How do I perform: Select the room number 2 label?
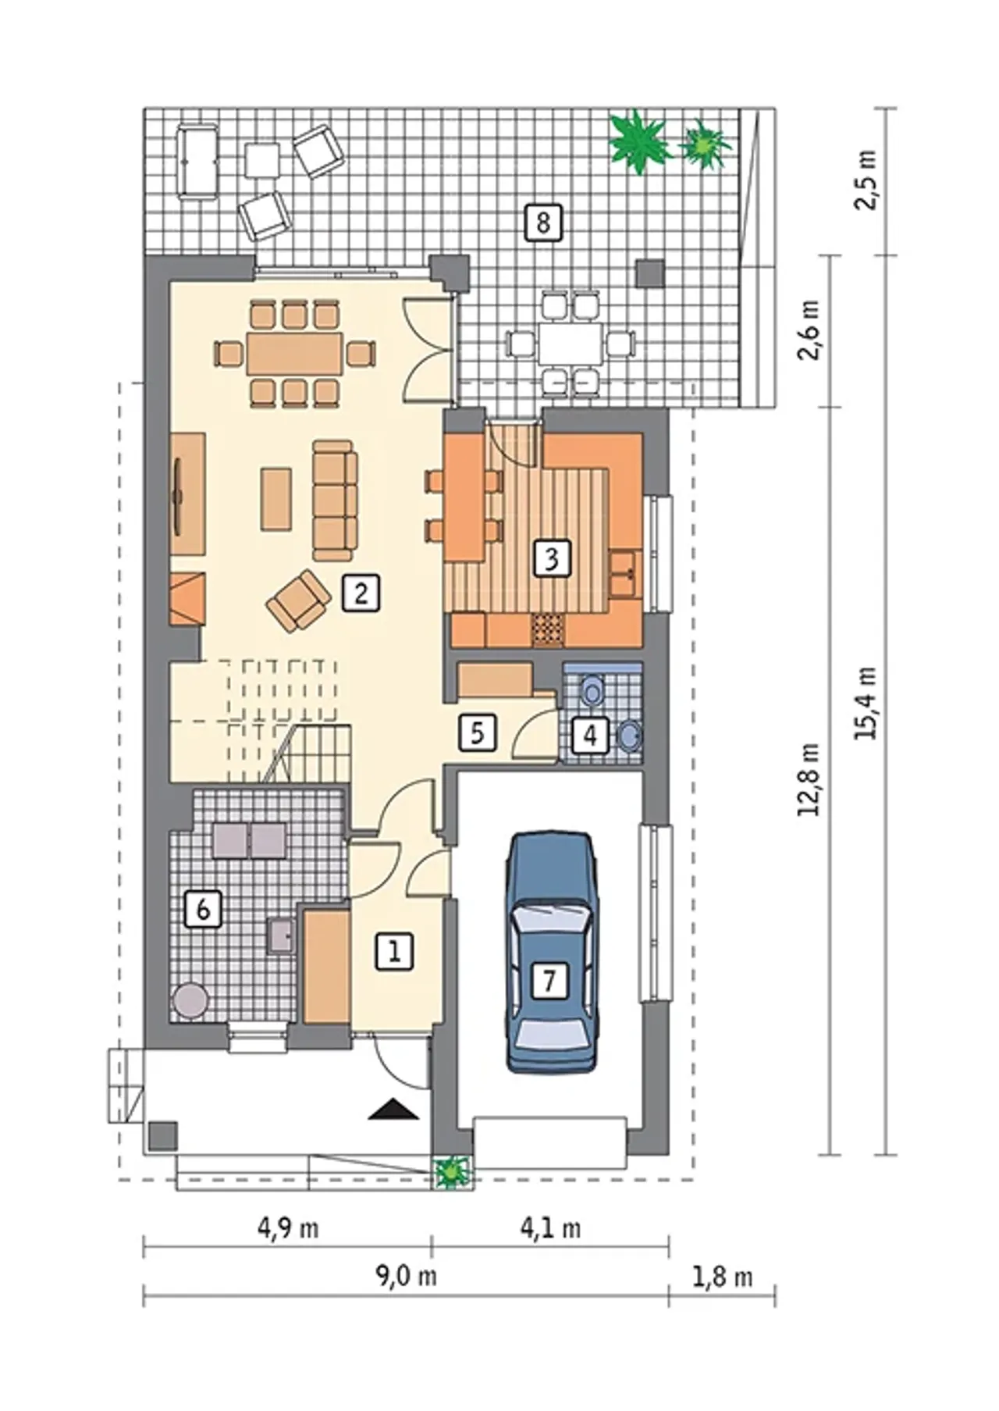361,593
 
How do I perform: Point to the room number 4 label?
590,736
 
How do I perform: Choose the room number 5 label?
478,732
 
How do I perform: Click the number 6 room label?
203,909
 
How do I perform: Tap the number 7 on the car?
549,979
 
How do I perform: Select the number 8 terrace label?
543,223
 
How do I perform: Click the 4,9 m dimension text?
288,1228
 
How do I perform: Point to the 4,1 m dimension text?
550,1228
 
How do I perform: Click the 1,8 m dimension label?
722,1277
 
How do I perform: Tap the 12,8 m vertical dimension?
809,779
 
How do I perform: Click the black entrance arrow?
393,1110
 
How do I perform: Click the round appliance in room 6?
190,1001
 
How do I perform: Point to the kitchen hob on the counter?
548,630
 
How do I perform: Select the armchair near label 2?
298,600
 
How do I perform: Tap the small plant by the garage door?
451,1171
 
